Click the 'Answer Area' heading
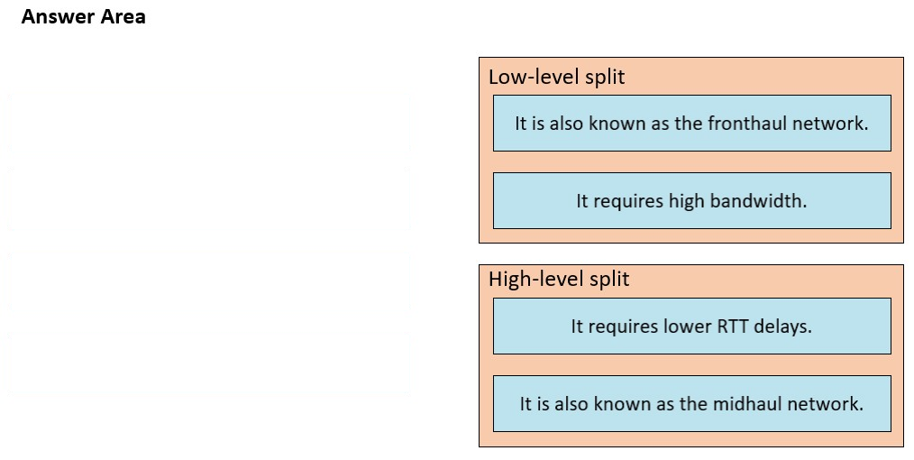point(83,17)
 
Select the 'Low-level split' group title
point(557,77)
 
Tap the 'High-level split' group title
point(559,279)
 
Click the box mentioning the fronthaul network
point(692,123)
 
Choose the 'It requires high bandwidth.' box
point(692,200)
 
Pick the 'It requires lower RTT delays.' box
point(692,326)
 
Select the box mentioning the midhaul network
point(692,403)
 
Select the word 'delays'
point(782,326)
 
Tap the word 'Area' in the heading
point(123,17)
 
